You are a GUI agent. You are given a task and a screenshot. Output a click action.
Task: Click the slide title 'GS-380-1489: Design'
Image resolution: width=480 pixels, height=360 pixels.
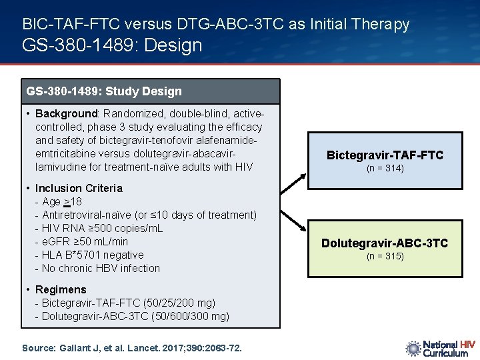tap(112, 45)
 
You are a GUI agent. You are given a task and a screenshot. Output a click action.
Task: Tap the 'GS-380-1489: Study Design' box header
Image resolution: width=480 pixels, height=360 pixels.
tap(104, 91)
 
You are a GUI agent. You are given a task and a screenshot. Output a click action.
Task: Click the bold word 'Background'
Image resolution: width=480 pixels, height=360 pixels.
tap(66, 114)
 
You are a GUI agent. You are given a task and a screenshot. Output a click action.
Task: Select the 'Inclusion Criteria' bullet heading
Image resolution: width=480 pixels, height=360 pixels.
tap(79, 188)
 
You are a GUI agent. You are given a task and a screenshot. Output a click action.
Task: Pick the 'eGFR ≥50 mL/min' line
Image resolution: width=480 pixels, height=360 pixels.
tap(85, 241)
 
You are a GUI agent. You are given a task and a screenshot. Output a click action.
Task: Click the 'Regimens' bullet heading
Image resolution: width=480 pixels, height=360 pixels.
tap(61, 289)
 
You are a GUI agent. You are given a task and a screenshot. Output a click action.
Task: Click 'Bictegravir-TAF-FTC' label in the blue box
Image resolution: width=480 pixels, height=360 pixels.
tap(385, 155)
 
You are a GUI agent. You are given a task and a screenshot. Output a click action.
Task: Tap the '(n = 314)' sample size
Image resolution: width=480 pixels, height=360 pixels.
tap(385, 169)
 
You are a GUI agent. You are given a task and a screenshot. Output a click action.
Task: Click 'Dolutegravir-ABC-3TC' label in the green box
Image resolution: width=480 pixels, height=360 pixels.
tap(385, 243)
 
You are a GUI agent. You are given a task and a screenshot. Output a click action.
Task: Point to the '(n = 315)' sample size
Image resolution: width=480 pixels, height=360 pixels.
tap(385, 257)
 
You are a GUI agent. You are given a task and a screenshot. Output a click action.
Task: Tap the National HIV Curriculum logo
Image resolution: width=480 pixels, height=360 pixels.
tap(439, 348)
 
